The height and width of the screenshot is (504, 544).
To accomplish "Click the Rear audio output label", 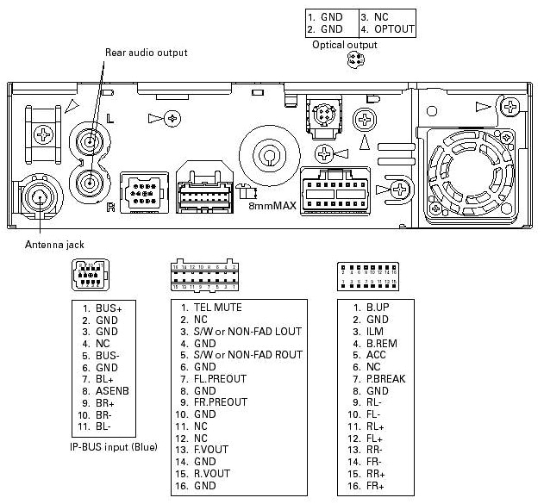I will pyautogui.click(x=146, y=53).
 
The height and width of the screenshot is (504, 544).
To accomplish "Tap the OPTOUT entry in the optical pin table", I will pyautogui.click(x=394, y=29).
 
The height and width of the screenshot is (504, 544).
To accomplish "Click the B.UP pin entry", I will pyautogui.click(x=377, y=307).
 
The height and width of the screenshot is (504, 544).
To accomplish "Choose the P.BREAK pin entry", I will pyautogui.click(x=385, y=378).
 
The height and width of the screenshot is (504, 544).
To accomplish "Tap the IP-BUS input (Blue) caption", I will pyautogui.click(x=111, y=447).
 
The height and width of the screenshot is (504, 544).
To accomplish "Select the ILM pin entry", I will pyautogui.click(x=375, y=331).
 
